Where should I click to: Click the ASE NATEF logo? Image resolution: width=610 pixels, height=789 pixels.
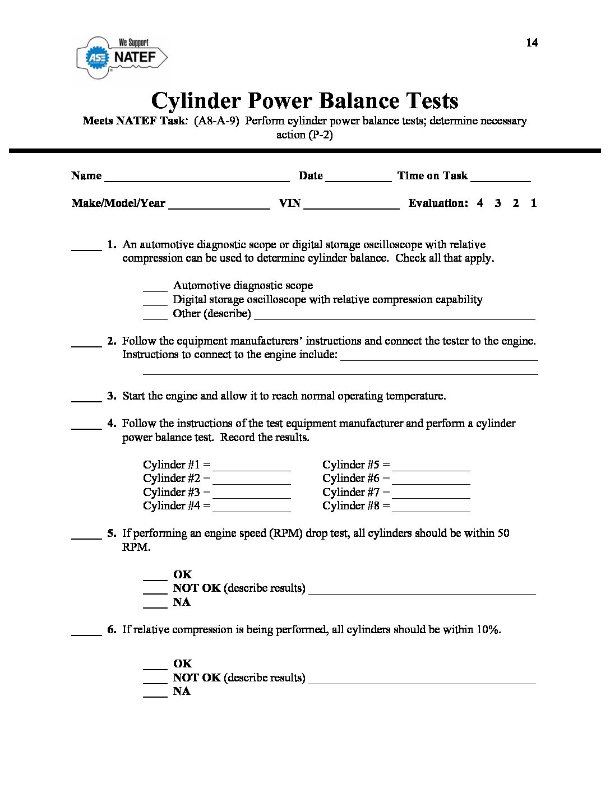122,57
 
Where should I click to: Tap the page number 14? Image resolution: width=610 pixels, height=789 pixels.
532,43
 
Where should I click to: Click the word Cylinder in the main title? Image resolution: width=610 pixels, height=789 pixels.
196,101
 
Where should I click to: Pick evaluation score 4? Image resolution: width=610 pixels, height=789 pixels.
480,203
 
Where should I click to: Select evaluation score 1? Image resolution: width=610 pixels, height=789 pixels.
533,203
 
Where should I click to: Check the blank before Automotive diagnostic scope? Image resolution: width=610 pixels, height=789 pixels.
155,288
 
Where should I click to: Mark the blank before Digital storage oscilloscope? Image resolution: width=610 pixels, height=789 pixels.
155,302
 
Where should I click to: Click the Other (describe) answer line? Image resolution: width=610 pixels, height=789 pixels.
395,316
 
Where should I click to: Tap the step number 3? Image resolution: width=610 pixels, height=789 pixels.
112,396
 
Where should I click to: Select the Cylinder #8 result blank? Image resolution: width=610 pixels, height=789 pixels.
431,509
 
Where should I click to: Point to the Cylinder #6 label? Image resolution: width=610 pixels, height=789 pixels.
351,479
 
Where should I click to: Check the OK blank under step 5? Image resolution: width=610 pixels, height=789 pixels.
155,577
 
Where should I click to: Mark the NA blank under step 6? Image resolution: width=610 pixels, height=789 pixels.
155,694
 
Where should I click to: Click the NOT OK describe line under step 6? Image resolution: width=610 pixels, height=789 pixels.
422,680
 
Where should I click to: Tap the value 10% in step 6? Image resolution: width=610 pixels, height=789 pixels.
487,630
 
